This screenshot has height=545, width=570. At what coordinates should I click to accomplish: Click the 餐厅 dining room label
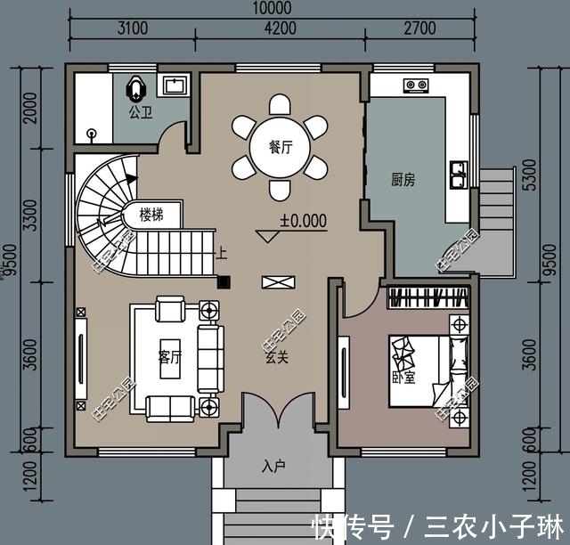coord(281,147)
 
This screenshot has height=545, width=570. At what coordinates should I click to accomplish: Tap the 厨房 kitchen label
coord(403,178)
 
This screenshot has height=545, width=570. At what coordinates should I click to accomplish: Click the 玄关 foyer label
coord(275,358)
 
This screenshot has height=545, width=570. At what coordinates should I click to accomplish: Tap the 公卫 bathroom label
coord(140,113)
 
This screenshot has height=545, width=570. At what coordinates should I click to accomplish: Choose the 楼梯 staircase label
coord(152,215)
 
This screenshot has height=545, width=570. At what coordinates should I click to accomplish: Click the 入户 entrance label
coord(273,466)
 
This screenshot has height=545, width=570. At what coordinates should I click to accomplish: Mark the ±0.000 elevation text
coord(303,219)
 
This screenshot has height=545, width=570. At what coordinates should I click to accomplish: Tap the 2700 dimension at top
coord(419,28)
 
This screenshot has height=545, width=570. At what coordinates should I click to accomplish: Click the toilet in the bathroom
coord(135,89)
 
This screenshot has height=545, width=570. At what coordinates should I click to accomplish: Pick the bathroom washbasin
coord(173,85)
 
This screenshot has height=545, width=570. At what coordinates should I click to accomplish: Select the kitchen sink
coord(460,175)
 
